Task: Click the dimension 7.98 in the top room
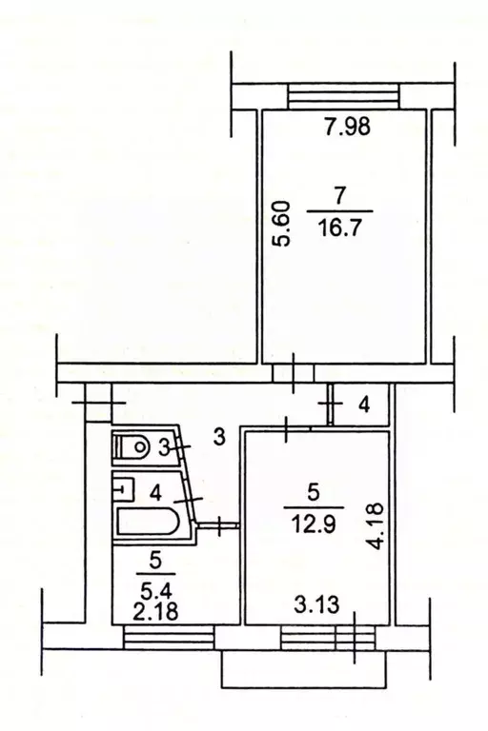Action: coord(345,127)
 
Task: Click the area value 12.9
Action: coord(314,523)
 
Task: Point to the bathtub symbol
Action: coord(151,523)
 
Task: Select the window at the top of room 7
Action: coord(343,97)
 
